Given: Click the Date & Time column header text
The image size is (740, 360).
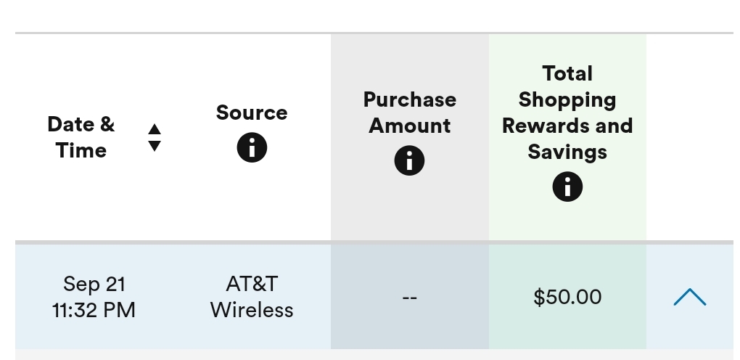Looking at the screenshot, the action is (81, 137).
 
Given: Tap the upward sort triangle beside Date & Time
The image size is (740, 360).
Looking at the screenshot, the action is (155, 129).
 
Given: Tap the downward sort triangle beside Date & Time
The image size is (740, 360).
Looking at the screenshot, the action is (155, 146).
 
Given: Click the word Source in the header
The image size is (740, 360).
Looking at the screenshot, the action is (252, 112).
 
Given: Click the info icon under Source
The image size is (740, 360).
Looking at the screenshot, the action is (252, 147).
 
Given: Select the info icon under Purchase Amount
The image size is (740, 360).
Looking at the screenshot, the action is (409, 160).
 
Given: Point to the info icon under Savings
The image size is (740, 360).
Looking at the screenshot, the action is (567, 187).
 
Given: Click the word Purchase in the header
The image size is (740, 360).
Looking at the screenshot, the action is (410, 99).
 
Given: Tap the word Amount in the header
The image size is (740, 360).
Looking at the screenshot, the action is (410, 126).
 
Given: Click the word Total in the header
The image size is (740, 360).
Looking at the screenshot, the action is (567, 74).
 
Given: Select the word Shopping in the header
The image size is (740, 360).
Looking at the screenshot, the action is (567, 100).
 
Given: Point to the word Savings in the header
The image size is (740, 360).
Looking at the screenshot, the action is (567, 152).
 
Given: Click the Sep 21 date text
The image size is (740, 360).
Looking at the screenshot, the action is (94, 285).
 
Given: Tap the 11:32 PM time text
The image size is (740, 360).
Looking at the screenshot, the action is (94, 311).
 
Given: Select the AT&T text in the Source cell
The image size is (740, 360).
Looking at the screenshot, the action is (252, 284).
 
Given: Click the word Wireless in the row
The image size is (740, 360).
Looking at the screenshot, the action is (252, 311).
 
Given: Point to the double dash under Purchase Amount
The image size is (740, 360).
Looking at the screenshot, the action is (410, 298).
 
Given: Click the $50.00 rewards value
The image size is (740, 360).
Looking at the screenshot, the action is (567, 297).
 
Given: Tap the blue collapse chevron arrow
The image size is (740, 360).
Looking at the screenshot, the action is (689, 297).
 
